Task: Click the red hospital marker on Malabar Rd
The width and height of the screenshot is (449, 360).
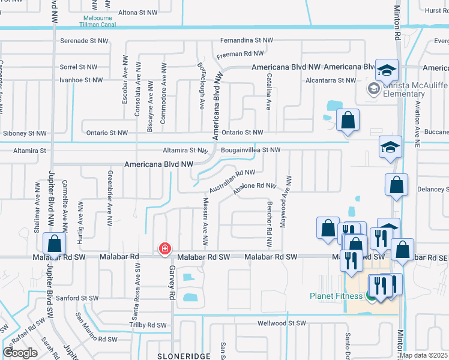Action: click(x=164, y=248)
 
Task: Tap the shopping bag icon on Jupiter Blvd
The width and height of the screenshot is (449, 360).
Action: click(x=54, y=244)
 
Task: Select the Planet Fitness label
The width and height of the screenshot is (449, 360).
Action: click(x=336, y=295)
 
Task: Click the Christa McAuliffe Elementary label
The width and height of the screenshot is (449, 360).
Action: click(x=404, y=89)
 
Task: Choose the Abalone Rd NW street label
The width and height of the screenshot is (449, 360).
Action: click(x=255, y=186)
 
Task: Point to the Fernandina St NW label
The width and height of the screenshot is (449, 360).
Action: click(x=246, y=40)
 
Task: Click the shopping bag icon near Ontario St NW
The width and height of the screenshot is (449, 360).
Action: click(x=348, y=120)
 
